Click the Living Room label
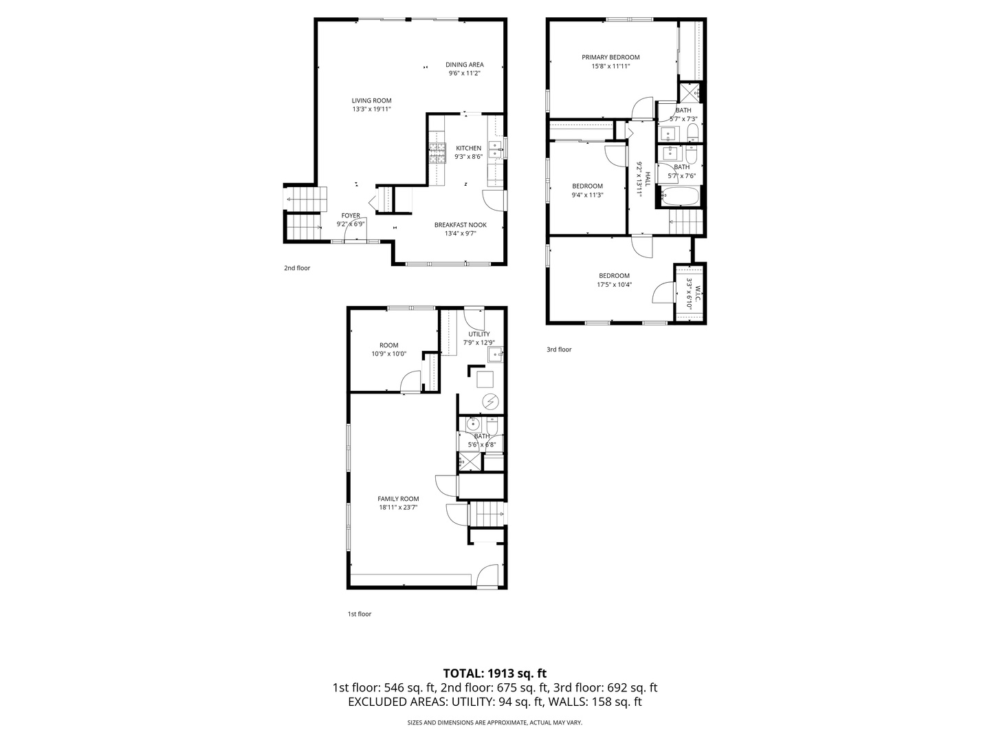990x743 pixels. click(371, 100)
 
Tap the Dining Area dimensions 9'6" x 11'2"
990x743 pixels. click(464, 74)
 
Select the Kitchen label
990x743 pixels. click(468, 148)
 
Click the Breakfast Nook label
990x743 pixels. click(460, 225)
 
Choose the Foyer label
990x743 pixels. click(351, 215)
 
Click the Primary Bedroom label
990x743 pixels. click(610, 58)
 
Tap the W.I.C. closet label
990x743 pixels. click(697, 293)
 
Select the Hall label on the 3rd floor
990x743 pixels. click(647, 180)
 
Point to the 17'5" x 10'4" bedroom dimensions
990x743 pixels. click(614, 285)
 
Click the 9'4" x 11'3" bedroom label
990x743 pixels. click(587, 186)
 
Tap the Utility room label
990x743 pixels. click(479, 334)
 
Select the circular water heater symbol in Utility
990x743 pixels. click(490, 401)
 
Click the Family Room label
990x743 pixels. click(398, 499)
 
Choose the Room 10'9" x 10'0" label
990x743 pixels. click(389, 345)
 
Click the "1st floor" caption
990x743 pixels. click(359, 614)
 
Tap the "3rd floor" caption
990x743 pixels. click(559, 349)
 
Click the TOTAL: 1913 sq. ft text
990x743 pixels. click(494, 674)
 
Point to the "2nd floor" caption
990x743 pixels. click(297, 268)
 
